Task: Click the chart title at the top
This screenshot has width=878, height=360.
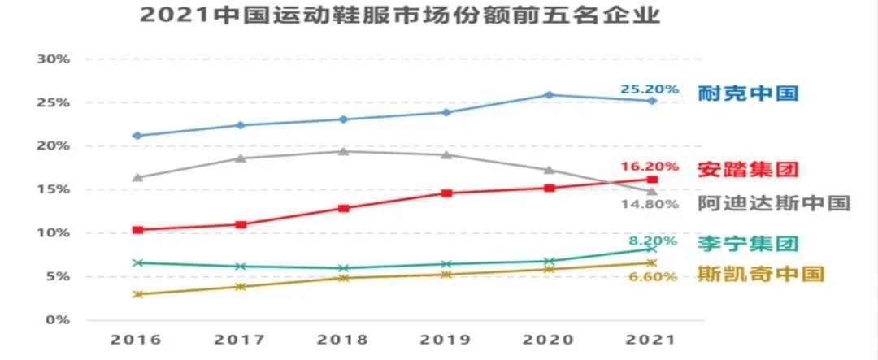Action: (399, 15)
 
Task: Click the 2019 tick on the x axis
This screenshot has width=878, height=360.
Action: (446, 339)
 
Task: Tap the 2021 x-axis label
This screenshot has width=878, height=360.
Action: (651, 339)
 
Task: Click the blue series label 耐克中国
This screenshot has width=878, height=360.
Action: (749, 93)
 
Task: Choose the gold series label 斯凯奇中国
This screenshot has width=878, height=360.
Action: (761, 274)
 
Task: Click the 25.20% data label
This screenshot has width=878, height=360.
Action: (649, 88)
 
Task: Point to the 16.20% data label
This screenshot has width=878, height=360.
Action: (650, 166)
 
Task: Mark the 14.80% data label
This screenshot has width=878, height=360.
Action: (650, 204)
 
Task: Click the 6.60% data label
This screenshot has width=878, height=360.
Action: (650, 276)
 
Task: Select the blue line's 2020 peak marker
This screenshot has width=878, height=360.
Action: (550, 95)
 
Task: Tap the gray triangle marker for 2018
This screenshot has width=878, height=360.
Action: (344, 151)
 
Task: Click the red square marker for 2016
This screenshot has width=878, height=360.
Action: (138, 230)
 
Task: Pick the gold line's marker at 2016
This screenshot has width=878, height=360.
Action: (138, 294)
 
